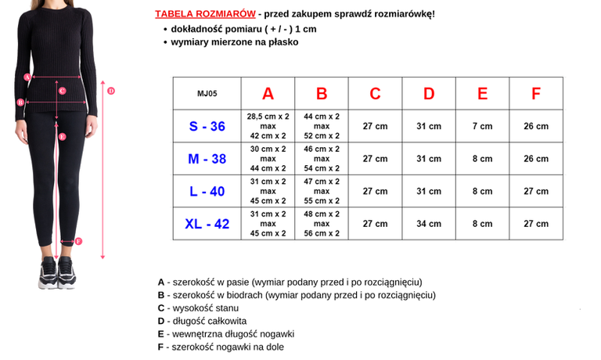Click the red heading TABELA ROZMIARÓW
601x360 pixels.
pyautogui.click(x=205, y=14)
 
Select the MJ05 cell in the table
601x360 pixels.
pyautogui.click(x=207, y=93)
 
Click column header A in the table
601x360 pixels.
pyautogui.click(x=268, y=93)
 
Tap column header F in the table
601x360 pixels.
pyautogui.click(x=536, y=93)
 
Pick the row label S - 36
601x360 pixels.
pyautogui.click(x=207, y=126)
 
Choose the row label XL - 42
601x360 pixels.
pyautogui.click(x=207, y=224)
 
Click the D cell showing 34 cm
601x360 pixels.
pyautogui.click(x=429, y=224)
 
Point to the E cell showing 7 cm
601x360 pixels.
pyautogui.click(x=482, y=126)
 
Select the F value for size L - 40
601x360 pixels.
pyautogui.click(x=536, y=191)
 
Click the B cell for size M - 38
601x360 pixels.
pyautogui.click(x=322, y=159)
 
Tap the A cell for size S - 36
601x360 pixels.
pyautogui.click(x=268, y=126)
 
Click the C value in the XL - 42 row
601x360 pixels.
pyautogui.click(x=375, y=224)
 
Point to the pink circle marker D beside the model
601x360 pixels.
pyautogui.click(x=111, y=91)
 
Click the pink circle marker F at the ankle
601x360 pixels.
pyautogui.click(x=78, y=241)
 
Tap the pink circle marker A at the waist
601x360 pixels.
pyautogui.click(x=27, y=77)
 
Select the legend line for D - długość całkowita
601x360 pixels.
pyautogui.click(x=202, y=321)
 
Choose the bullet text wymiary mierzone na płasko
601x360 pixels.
pyautogui.click(x=235, y=42)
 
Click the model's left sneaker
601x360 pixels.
pyautogui.click(x=67, y=274)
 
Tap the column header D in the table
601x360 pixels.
pyautogui.click(x=429, y=93)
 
